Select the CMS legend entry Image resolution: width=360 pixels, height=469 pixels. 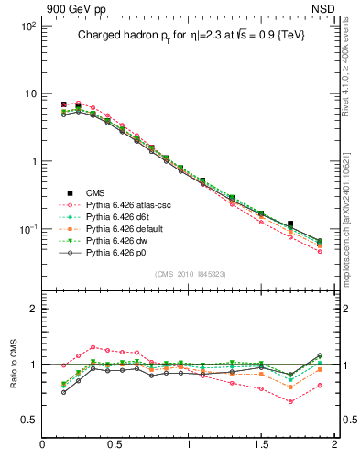(x=96, y=192)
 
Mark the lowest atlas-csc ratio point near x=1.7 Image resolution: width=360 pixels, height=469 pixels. (x=290, y=401)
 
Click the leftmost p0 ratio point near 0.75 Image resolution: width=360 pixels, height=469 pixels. (x=64, y=392)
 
